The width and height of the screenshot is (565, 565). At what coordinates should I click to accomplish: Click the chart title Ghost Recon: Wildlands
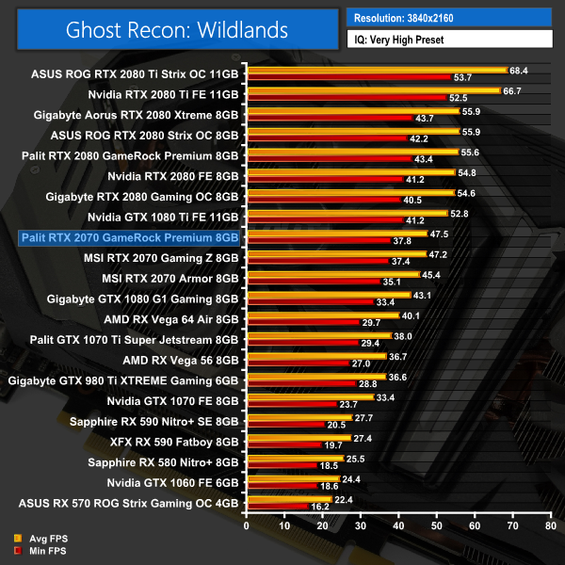click(177, 29)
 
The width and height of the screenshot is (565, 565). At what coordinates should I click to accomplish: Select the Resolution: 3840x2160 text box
click(449, 16)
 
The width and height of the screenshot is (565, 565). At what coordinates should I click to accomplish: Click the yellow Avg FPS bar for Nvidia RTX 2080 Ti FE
click(373, 91)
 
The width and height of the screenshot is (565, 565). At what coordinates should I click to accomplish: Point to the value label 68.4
click(519, 70)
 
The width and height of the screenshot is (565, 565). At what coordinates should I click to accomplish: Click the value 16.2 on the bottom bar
click(320, 507)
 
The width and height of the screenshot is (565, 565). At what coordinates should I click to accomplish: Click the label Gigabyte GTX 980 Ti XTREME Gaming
click(123, 380)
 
